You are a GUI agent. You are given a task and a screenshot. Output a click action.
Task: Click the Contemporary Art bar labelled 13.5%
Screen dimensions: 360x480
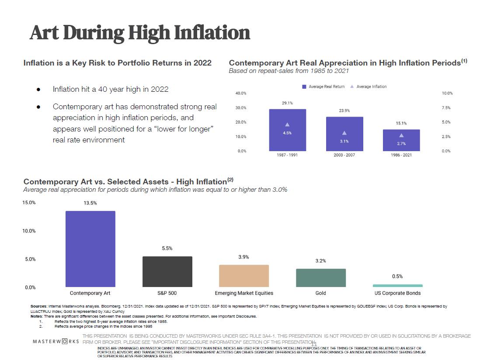point(90,249)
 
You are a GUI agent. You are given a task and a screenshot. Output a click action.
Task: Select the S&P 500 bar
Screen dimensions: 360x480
point(167,271)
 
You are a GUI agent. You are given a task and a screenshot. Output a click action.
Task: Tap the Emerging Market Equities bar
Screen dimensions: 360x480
point(243,276)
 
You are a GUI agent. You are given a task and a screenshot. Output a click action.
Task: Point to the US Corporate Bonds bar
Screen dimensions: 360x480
point(397,286)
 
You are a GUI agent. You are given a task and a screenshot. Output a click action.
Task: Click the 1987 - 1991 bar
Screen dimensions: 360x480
point(287,130)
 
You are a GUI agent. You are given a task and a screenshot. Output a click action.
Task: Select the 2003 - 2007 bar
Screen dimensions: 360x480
point(344,134)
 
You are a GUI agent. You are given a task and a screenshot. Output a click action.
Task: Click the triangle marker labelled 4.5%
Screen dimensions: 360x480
point(287,125)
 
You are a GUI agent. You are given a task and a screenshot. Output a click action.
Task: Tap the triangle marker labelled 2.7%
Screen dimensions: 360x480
point(401,135)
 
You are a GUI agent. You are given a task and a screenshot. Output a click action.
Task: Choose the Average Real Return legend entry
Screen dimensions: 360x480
point(323,87)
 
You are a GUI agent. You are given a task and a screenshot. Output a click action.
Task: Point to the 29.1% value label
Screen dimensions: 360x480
point(287,103)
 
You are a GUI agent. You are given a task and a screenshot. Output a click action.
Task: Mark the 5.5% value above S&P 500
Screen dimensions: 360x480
point(167,248)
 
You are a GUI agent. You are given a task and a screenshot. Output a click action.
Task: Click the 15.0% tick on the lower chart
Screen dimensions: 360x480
point(29,203)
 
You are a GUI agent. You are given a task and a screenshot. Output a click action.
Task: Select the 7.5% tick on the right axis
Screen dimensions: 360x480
point(446,108)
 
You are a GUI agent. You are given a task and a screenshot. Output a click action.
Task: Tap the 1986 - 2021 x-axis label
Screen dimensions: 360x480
point(401,155)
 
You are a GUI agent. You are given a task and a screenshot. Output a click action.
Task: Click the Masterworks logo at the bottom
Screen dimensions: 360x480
point(56,341)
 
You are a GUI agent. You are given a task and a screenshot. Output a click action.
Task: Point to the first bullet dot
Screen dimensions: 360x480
point(38,90)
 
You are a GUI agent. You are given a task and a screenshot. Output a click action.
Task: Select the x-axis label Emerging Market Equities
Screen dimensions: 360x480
point(244,293)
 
